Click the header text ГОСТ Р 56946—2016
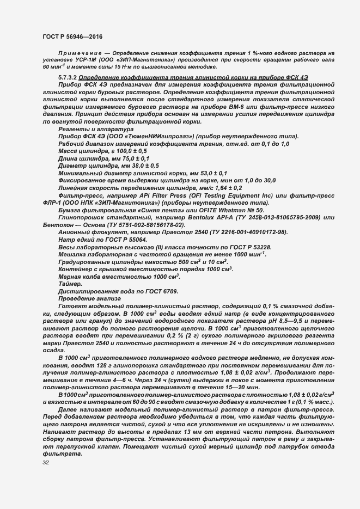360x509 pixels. tap(72, 35)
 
